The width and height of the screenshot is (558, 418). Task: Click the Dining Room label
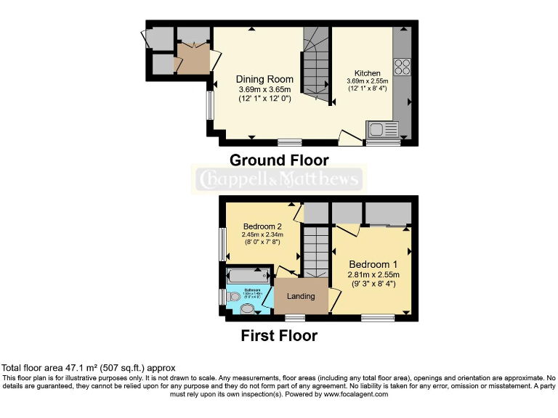[264, 79]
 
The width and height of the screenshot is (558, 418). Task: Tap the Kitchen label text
[368, 73]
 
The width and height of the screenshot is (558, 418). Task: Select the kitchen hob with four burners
[402, 67]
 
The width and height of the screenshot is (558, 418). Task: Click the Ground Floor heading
[279, 160]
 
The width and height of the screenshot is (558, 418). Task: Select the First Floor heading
[279, 336]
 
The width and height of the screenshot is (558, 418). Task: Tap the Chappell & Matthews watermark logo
[279, 179]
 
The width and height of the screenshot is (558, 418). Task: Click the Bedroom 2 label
[262, 226]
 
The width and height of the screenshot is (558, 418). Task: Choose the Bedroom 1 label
[373, 263]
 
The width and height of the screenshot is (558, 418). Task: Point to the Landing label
[301, 296]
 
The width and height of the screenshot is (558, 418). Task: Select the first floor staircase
[315, 251]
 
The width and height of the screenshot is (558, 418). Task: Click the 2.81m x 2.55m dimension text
[373, 275]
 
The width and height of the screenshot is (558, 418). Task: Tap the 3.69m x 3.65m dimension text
[264, 89]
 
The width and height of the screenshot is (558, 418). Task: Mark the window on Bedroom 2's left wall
[222, 245]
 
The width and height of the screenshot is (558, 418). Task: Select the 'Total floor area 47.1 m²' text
[89, 368]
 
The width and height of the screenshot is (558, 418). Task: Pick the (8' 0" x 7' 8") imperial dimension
[262, 243]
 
